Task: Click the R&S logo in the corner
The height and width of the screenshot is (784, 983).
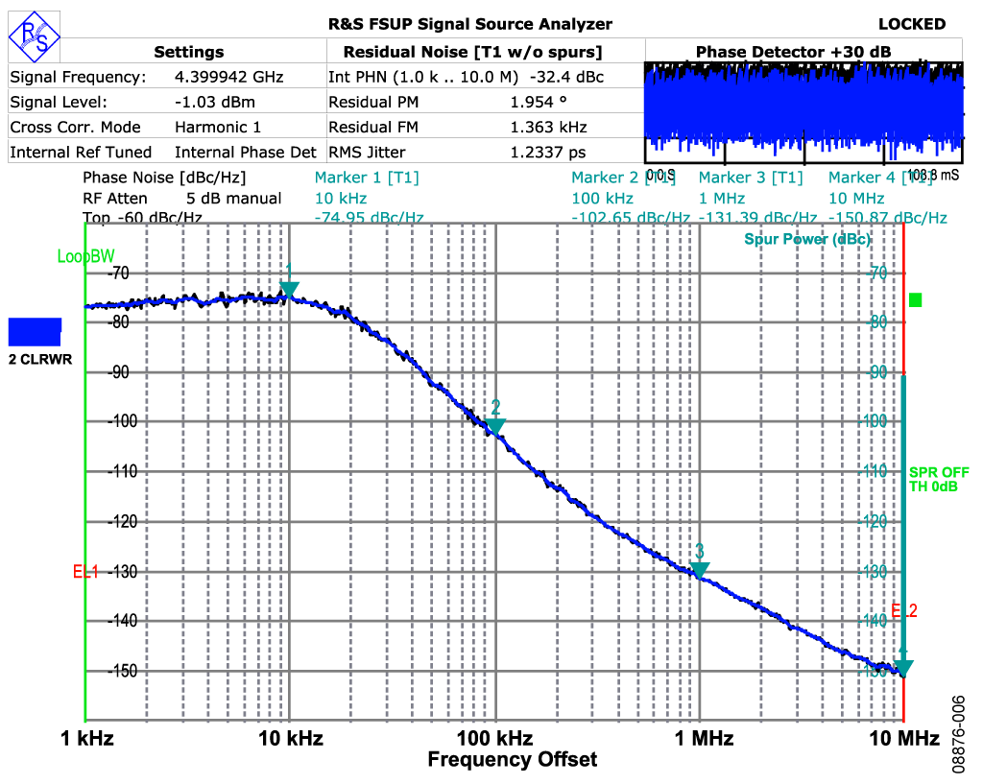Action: (34, 36)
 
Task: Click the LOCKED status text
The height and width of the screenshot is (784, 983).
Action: (911, 25)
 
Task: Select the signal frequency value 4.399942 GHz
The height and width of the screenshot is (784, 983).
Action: (228, 77)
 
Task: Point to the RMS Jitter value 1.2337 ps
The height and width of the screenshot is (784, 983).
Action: (547, 152)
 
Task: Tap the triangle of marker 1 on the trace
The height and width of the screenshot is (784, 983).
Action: (289, 290)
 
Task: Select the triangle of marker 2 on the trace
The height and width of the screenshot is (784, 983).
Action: (495, 426)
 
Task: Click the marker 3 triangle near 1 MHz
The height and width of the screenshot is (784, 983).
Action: (700, 569)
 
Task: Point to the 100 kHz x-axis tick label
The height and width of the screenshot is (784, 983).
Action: (495, 739)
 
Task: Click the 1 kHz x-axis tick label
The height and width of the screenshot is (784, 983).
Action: (85, 739)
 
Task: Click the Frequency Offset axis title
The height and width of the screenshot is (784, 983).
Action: (512, 760)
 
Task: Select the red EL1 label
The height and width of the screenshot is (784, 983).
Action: (86, 572)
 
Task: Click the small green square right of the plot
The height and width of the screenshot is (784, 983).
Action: (915, 300)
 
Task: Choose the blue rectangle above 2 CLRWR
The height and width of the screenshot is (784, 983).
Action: (35, 332)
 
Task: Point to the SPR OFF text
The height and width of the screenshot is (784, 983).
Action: (939, 472)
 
